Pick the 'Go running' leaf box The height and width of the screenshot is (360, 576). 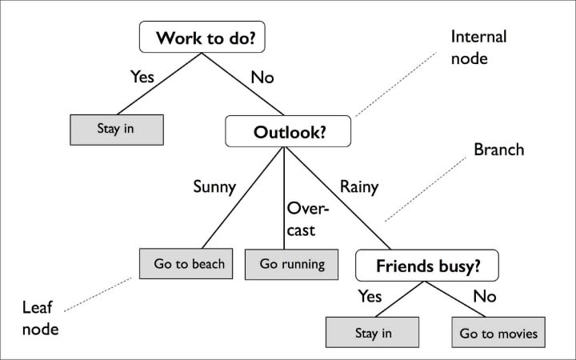[292, 263]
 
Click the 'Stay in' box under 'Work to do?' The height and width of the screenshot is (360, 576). [117, 128]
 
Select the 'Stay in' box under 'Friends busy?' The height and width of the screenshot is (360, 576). [372, 331]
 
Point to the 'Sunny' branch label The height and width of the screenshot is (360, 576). [214, 187]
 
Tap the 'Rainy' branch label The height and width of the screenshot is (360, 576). [359, 187]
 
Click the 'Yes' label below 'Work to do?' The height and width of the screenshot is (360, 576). [143, 78]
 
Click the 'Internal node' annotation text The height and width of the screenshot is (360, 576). [478, 48]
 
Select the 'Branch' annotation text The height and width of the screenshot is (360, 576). [498, 150]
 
